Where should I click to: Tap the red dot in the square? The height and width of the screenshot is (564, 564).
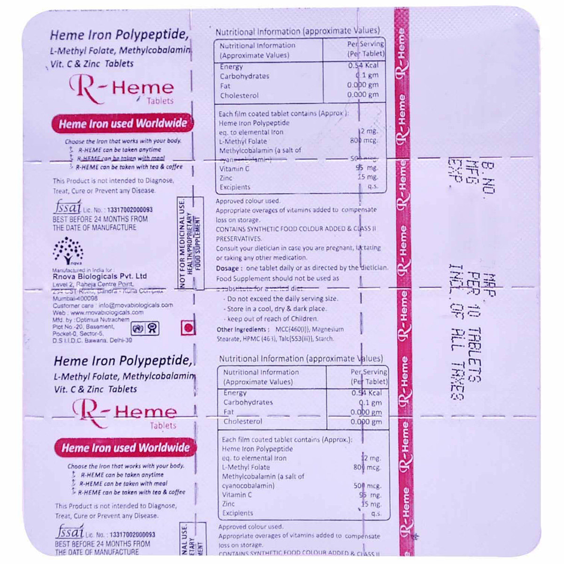point(188,328)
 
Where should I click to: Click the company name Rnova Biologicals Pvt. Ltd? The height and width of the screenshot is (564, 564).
point(100,276)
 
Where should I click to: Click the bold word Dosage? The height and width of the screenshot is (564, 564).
point(227,268)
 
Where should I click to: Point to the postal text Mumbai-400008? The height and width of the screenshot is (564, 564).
point(75,298)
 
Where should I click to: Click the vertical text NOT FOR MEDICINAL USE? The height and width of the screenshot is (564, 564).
point(182,243)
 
